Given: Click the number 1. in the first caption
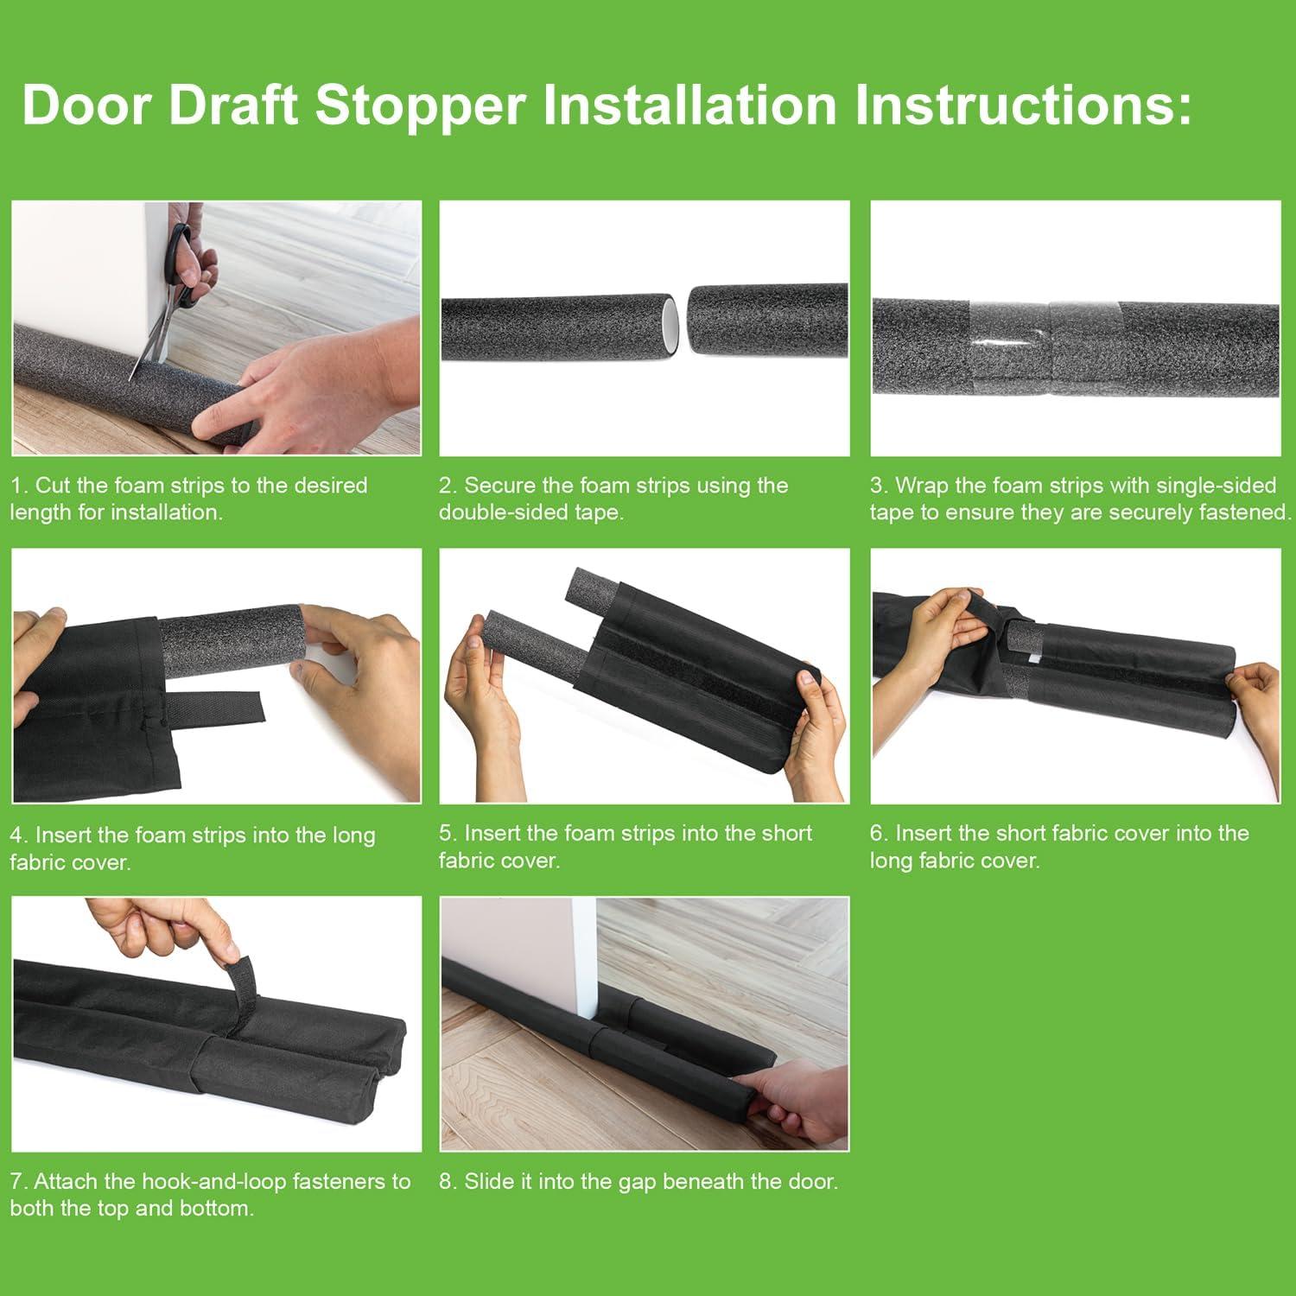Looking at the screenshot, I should [x=19, y=486].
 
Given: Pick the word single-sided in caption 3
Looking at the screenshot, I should [x=1216, y=486].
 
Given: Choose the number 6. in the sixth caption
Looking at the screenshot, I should [x=879, y=834].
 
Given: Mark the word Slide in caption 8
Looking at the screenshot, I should [x=489, y=1181].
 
